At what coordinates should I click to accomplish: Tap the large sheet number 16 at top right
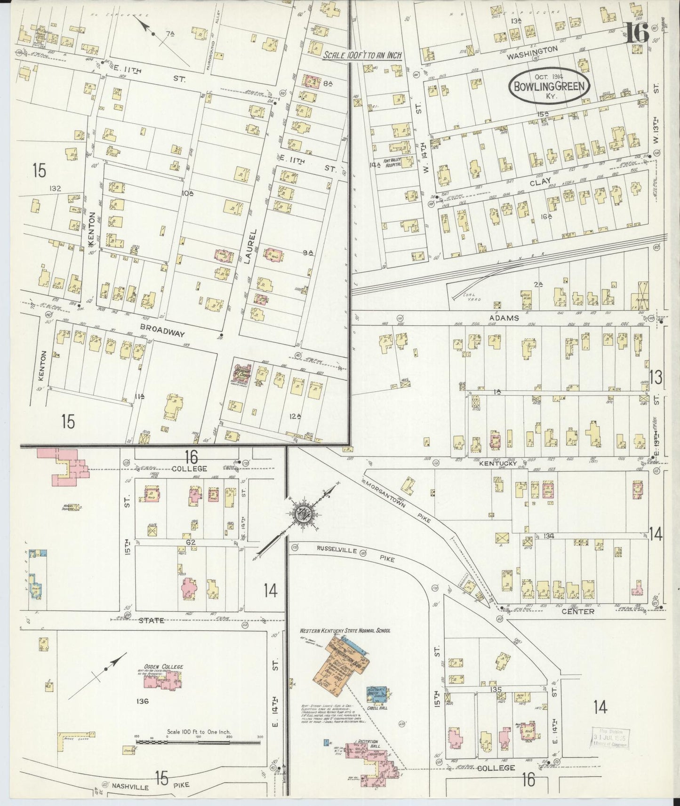pos(637,34)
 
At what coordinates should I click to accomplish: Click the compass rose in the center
pos(302,514)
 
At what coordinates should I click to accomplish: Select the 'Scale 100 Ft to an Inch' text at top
pos(362,55)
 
